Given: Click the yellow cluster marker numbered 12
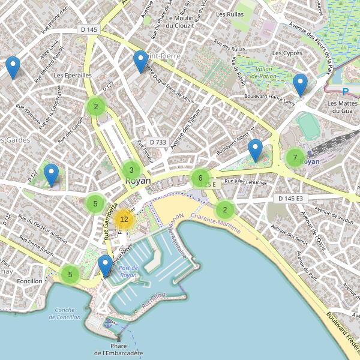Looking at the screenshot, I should [x=124, y=220].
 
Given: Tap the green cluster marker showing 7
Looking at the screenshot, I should [x=295, y=158].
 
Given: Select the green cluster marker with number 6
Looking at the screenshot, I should [x=200, y=178].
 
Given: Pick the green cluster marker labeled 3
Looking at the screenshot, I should [x=131, y=170].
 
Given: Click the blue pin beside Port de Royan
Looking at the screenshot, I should [x=106, y=265].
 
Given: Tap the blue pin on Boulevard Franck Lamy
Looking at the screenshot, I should [x=301, y=84].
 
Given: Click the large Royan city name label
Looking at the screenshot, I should [x=138, y=181].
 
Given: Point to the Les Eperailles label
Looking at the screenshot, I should [x=73, y=76].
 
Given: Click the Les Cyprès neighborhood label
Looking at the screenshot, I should [x=287, y=53].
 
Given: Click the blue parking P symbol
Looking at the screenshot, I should [x=345, y=92].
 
